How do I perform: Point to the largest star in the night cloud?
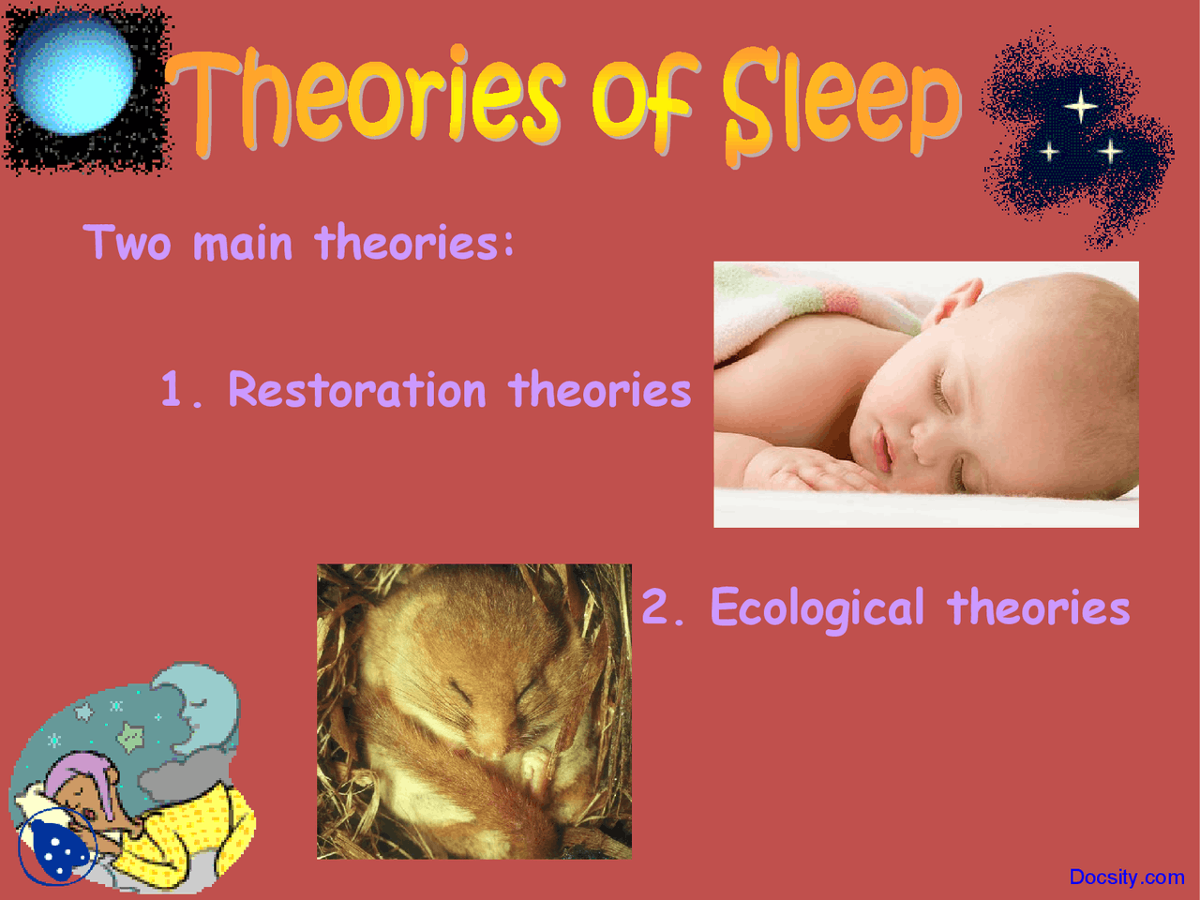1081,105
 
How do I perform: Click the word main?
242,244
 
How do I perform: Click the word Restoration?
356,389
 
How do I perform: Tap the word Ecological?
817,607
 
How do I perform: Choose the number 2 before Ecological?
656,607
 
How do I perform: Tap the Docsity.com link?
1126,877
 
